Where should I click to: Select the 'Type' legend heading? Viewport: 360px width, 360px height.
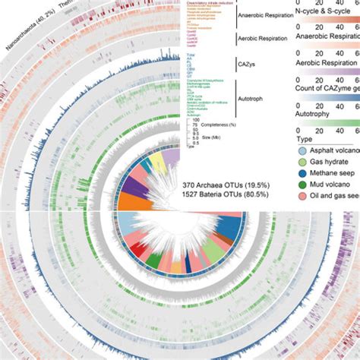pos(304,141)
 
